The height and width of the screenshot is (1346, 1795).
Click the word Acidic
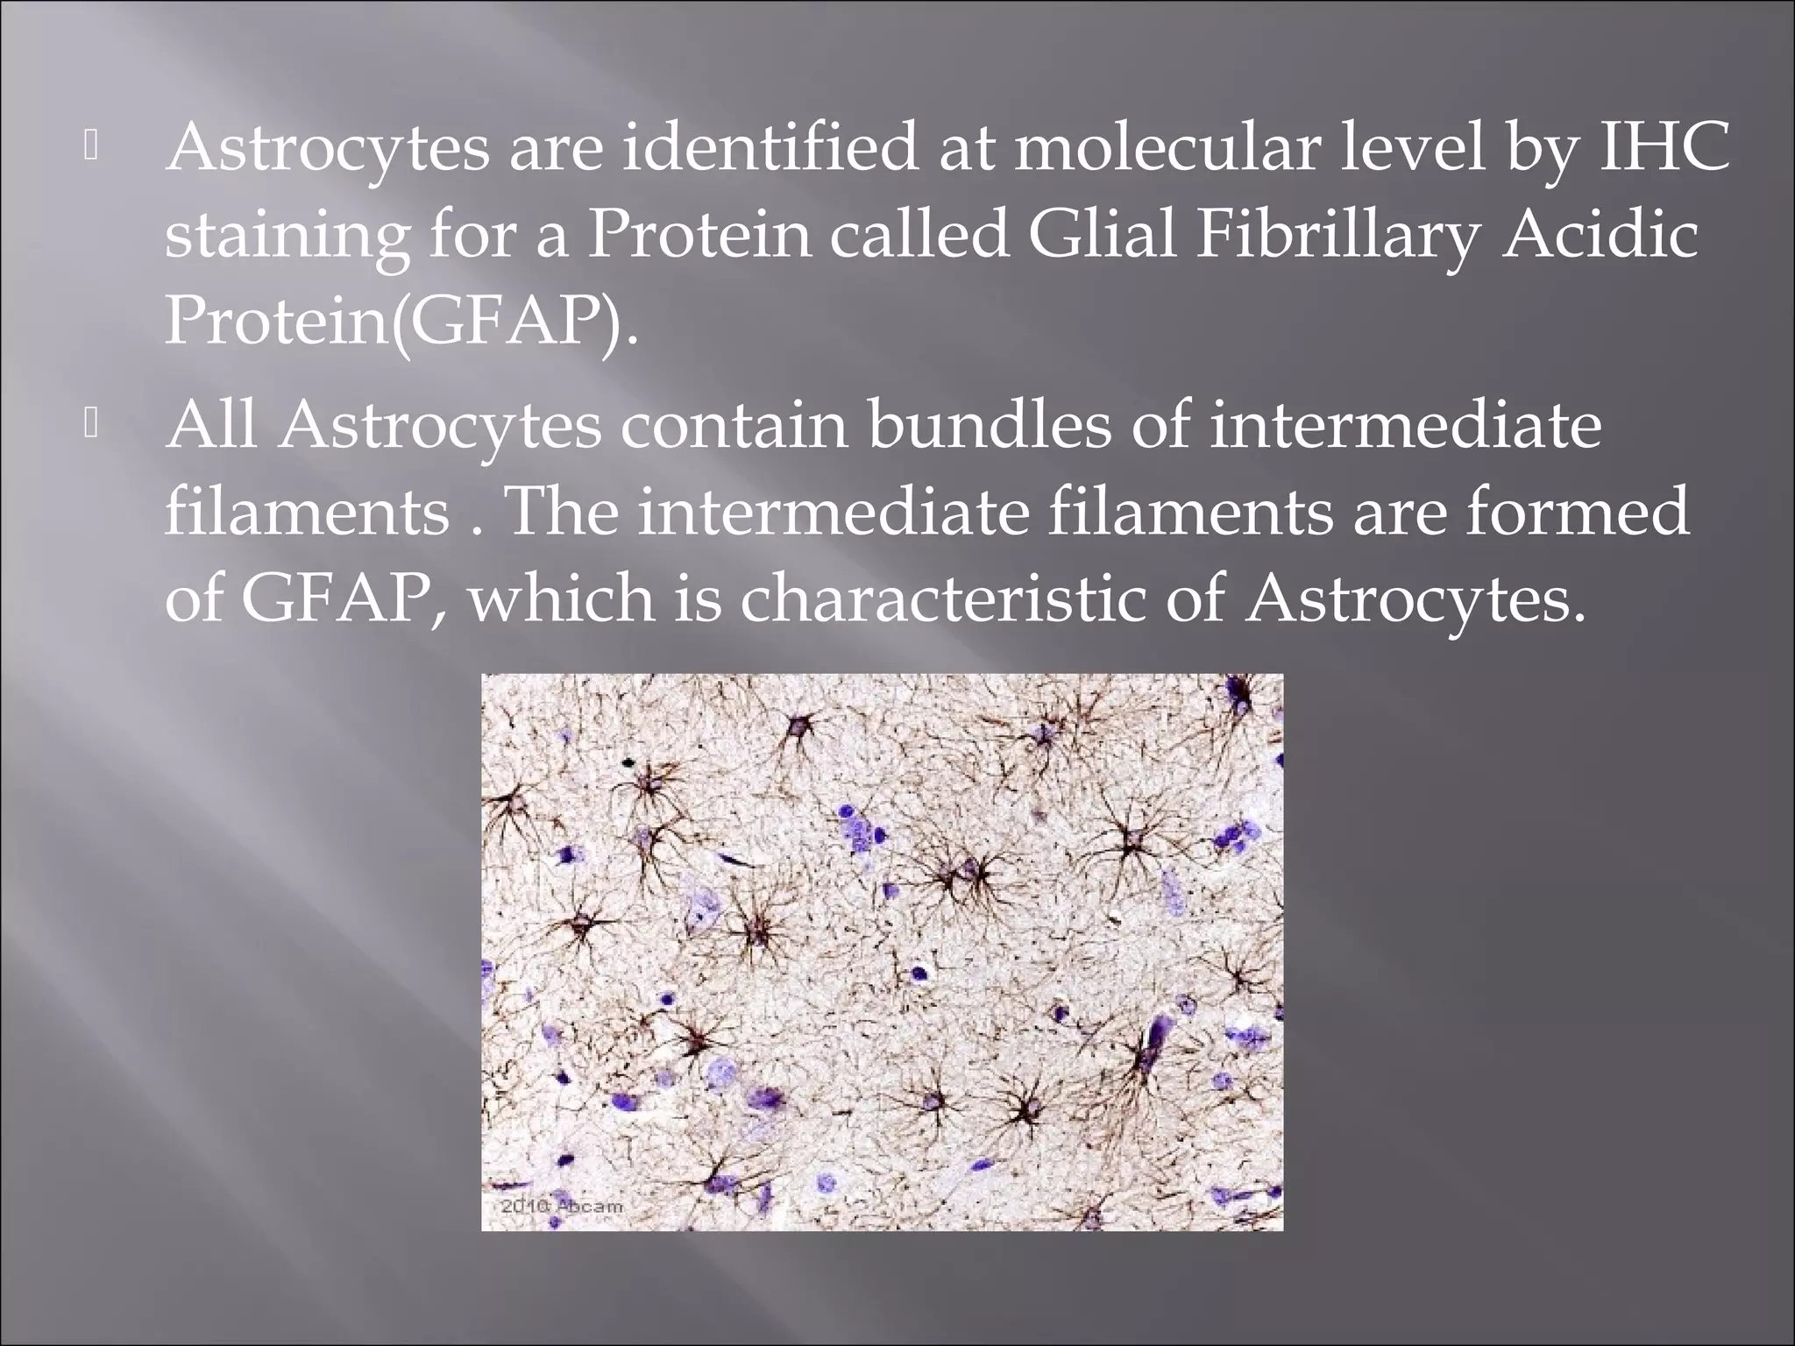coord(1599,236)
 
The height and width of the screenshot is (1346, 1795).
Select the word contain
coord(734,424)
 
